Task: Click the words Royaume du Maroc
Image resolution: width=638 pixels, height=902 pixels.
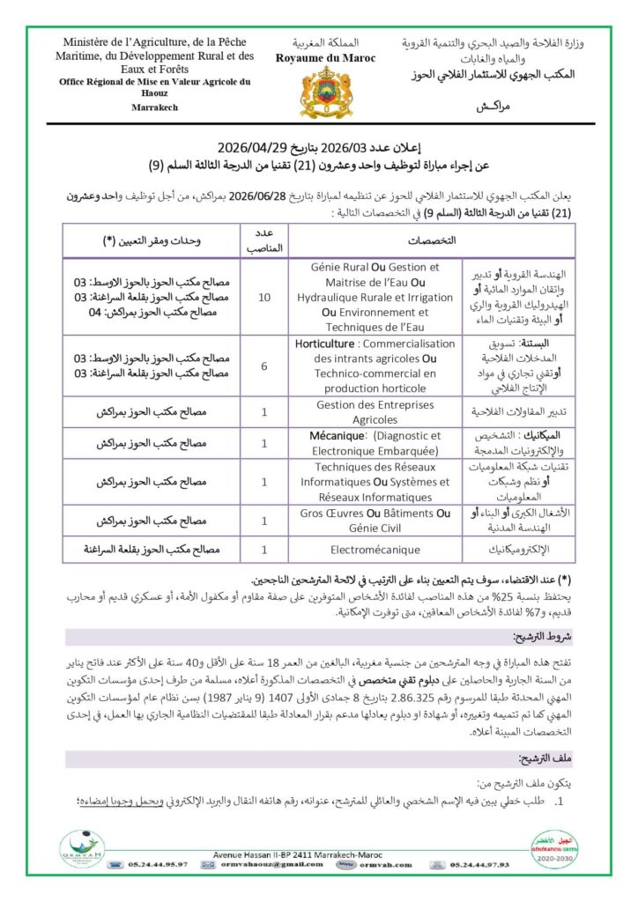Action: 325,58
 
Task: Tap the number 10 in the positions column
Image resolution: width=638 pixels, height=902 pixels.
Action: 264,298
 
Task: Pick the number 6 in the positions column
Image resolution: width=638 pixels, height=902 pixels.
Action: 264,366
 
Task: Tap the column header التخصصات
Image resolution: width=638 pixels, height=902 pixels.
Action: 432,240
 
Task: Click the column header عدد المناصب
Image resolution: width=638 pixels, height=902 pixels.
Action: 264,240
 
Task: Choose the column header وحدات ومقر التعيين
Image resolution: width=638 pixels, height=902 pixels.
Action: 152,240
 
